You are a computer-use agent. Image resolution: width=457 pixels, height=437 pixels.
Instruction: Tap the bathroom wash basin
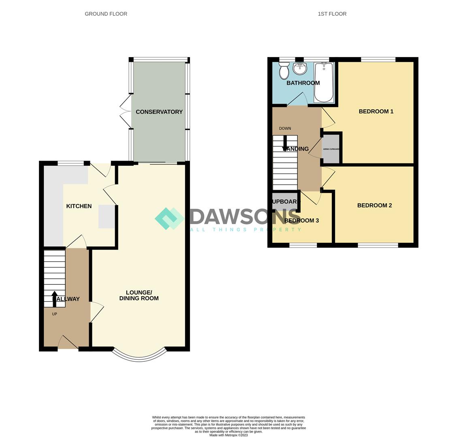point(300,68)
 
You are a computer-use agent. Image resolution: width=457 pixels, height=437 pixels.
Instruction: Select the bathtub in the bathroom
point(323,82)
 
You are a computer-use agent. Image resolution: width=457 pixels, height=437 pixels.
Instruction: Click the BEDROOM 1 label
point(376,111)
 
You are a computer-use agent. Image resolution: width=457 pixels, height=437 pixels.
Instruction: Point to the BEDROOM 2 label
point(374,205)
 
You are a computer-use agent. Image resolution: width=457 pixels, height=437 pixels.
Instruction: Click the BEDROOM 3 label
point(301,221)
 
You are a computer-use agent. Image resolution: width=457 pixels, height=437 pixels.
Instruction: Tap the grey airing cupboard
point(331,149)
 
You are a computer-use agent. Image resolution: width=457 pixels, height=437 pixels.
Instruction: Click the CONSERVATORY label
point(159,112)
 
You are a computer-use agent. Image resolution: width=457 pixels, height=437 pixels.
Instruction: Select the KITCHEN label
point(79,206)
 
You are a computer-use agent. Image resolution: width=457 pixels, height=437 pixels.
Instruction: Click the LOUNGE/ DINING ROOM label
point(139,295)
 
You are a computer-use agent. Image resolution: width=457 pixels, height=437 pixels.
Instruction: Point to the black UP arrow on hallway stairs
point(54,299)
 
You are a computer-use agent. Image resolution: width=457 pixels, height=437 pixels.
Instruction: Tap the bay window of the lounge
point(139,356)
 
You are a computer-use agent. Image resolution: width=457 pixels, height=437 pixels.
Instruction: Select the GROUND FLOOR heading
point(106,14)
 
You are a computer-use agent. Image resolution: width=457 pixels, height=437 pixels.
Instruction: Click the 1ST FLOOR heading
point(332,14)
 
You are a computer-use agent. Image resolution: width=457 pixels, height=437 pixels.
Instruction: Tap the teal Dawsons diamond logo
point(169,218)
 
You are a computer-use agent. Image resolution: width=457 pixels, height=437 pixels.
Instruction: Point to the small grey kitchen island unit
point(107,216)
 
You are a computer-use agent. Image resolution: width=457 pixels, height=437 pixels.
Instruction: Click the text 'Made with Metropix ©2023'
point(228,435)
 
